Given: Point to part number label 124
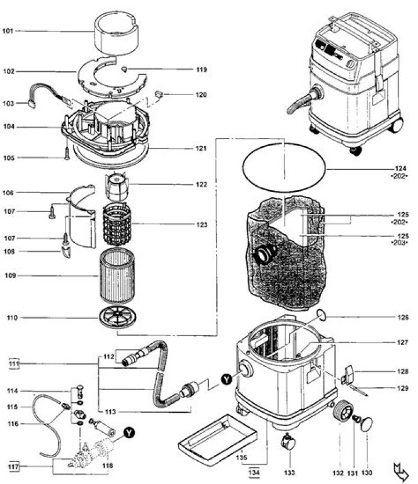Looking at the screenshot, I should [x=399, y=169].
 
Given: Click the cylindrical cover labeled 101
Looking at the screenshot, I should [x=119, y=32].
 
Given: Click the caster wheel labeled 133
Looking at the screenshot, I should [x=287, y=443].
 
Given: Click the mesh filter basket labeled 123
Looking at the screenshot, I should [x=118, y=224].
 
